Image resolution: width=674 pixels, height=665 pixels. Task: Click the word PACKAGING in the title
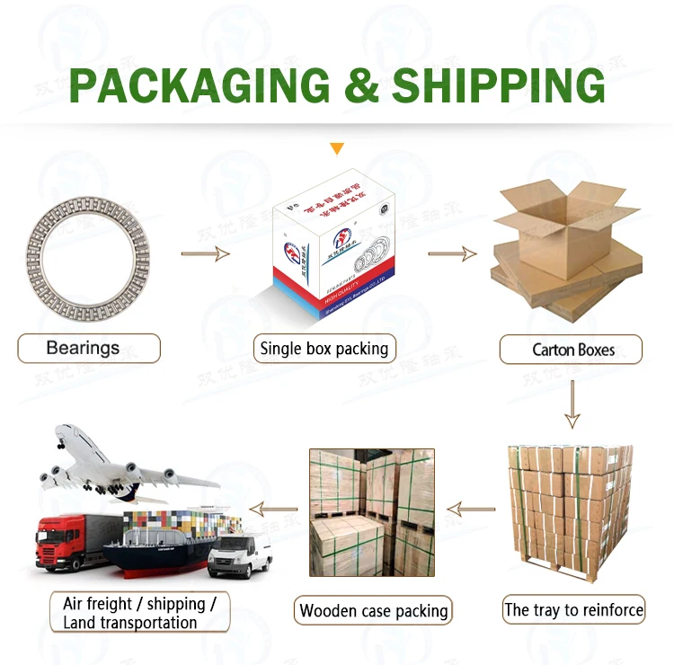[x=200, y=84]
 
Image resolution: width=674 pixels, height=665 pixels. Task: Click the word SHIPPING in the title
[x=499, y=84]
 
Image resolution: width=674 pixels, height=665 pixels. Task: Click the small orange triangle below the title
[x=337, y=148]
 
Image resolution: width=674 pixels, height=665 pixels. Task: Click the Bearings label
[x=87, y=348]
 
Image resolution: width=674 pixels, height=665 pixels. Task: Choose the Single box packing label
[x=324, y=349]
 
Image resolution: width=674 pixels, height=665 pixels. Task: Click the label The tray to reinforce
[x=573, y=610]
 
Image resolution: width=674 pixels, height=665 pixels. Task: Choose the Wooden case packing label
[x=374, y=612]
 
